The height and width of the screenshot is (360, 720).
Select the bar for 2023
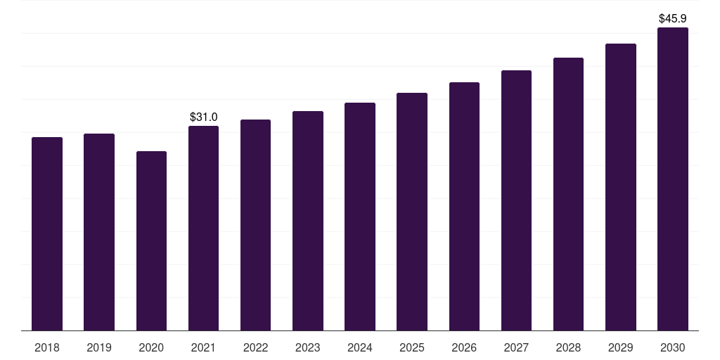308,221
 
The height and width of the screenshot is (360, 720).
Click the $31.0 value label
204,117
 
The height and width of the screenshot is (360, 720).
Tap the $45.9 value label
673,18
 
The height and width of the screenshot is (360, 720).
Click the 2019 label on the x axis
99,347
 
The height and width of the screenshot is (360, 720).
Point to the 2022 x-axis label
256,347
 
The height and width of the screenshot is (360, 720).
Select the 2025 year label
412,347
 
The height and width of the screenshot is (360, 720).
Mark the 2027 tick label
516,347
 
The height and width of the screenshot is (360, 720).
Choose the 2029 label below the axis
620,347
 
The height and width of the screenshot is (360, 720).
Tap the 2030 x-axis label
672,347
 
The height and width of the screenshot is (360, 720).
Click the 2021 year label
203,347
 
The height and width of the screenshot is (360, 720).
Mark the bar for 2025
412,212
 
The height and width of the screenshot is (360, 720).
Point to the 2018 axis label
47,347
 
